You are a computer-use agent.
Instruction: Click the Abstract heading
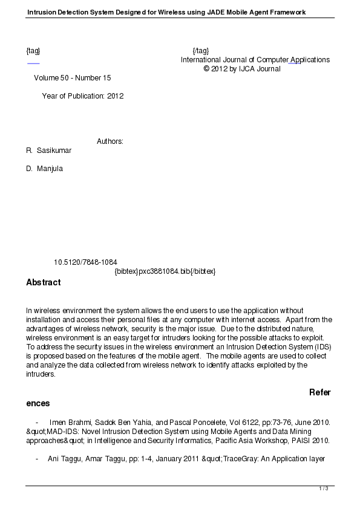pyautogui.click(x=43, y=282)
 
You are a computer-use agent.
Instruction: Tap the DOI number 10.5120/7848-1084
pyautogui.click(x=85, y=262)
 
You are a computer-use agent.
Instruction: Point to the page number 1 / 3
pyautogui.click(x=324, y=488)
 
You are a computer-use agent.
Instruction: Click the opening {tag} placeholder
pyautogui.click(x=33, y=51)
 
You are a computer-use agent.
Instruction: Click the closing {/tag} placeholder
pyautogui.click(x=200, y=51)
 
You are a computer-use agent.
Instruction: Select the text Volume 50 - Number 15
pyautogui.click(x=73, y=78)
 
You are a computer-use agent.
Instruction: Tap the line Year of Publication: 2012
pyautogui.click(x=83, y=96)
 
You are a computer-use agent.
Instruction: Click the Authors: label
pyautogui.click(x=110, y=141)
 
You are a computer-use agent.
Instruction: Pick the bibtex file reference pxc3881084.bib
pyautogui.click(x=165, y=271)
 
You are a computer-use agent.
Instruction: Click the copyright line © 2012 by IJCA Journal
pyautogui.click(x=242, y=69)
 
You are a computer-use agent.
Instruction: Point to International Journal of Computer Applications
pyautogui.click(x=255, y=60)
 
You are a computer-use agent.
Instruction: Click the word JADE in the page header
pyautogui.click(x=220, y=12)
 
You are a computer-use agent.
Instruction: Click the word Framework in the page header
pyautogui.click(x=284, y=12)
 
